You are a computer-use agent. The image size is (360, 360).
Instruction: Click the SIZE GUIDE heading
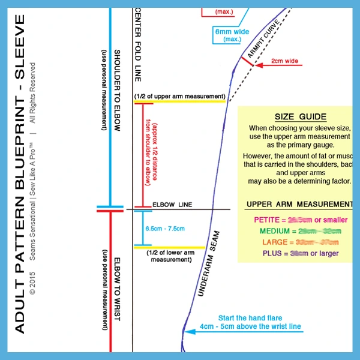click(300, 117)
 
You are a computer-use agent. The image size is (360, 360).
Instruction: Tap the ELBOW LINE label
click(172, 205)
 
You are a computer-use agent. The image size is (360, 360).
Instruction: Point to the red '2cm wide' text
click(286, 61)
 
